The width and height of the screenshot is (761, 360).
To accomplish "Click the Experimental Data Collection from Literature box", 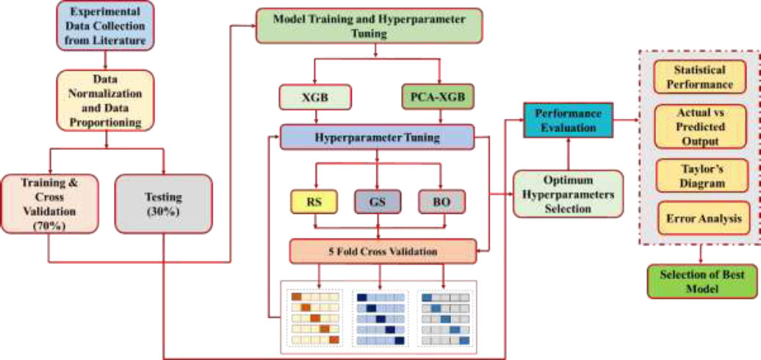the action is (105, 25).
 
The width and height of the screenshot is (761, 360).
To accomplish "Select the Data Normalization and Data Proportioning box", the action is (105, 101).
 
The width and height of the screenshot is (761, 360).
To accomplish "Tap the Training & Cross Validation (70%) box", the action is (49, 204).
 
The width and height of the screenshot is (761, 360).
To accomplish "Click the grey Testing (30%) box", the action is (164, 204).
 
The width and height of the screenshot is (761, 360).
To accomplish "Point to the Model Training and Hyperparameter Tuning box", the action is (369, 26).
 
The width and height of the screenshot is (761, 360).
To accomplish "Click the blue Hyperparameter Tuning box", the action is (377, 137).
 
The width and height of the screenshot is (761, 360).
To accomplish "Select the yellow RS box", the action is (314, 202).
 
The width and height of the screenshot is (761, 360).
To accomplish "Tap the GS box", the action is (378, 202).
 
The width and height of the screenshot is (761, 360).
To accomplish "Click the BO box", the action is (441, 202).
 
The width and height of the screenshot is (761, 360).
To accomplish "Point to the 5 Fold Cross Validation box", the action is (383, 251).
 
